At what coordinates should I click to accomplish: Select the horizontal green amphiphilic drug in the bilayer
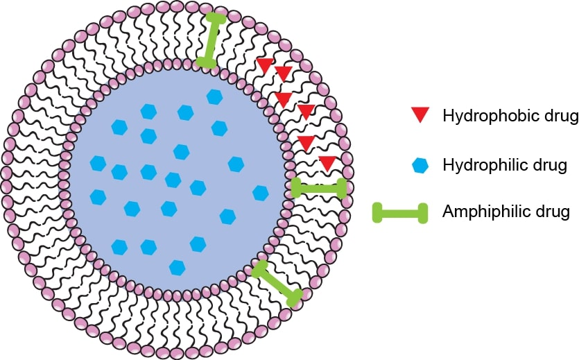point(318,188)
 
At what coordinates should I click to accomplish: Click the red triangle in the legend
point(419,116)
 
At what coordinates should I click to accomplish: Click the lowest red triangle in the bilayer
point(328,163)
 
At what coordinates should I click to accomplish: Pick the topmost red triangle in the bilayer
point(265,66)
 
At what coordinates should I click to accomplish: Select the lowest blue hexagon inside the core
point(178,266)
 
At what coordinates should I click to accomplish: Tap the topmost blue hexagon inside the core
point(214,96)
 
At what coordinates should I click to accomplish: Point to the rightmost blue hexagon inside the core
point(261,192)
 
